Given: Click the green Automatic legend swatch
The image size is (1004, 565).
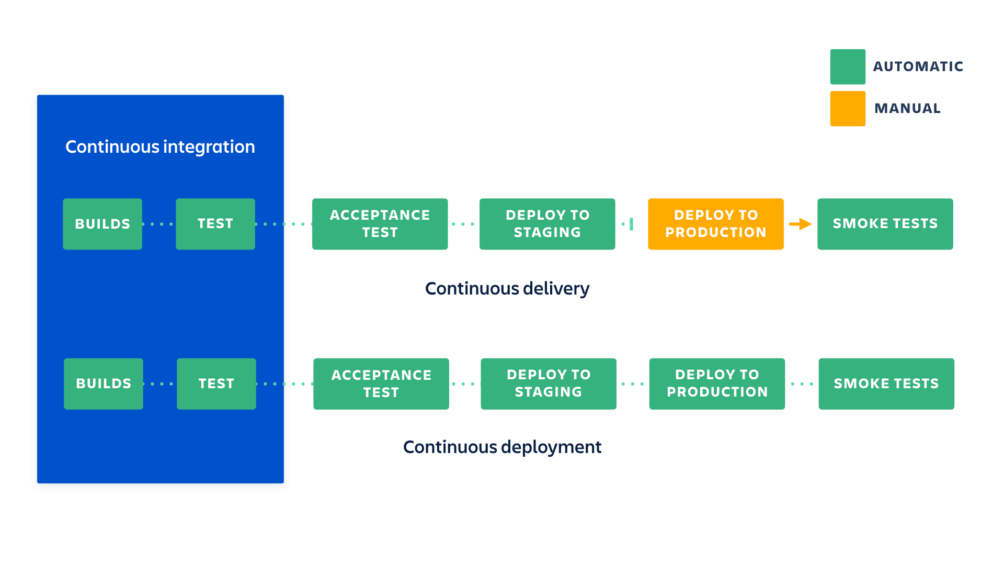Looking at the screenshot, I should coord(847,66).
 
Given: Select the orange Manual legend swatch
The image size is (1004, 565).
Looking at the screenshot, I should coord(847,108).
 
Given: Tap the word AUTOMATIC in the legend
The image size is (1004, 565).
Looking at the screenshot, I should coord(918,66).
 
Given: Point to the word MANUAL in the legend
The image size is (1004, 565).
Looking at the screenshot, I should coord(907,108).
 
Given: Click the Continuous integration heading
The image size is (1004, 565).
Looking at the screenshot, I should coord(160,147).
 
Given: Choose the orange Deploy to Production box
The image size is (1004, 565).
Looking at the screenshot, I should coord(715,224).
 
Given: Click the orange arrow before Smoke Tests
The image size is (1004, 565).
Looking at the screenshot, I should coord(800,224).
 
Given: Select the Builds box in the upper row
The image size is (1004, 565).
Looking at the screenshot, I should coord(102,224).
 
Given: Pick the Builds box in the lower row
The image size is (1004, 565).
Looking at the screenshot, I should coord(104,383).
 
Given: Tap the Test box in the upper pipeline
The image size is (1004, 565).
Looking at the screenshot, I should coord(215,224).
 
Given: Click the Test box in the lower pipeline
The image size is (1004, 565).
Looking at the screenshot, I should coord(216,383).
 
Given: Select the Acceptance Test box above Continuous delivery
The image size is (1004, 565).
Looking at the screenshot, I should coord(380,224).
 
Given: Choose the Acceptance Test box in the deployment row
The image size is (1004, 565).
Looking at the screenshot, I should coord(381,383).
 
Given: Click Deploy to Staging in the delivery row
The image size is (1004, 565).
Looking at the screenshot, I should coord(547,224).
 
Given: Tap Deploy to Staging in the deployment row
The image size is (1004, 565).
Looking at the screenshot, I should coord(549,383).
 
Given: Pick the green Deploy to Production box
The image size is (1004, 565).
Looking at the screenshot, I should coord(717,383).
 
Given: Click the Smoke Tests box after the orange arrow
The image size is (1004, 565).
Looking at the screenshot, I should coord(885,224).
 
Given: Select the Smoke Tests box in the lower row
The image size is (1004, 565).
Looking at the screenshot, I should coord(886,383).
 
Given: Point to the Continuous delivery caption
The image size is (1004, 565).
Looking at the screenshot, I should coord(507,289).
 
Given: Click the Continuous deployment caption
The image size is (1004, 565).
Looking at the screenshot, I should coord(502,447).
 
